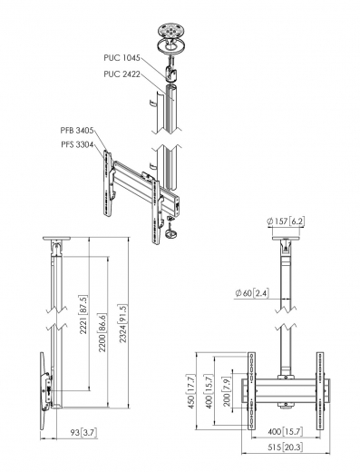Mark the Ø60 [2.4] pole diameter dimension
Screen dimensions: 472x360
click(250, 292)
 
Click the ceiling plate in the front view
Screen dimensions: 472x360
click(286, 241)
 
